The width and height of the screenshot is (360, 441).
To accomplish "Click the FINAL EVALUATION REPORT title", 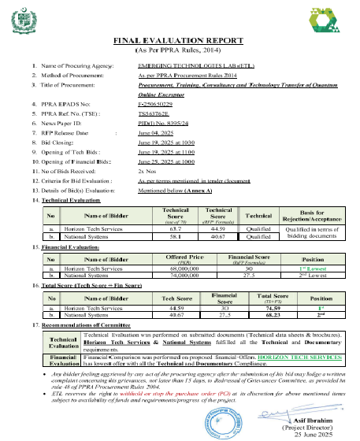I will pyautogui.click(x=180, y=39).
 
